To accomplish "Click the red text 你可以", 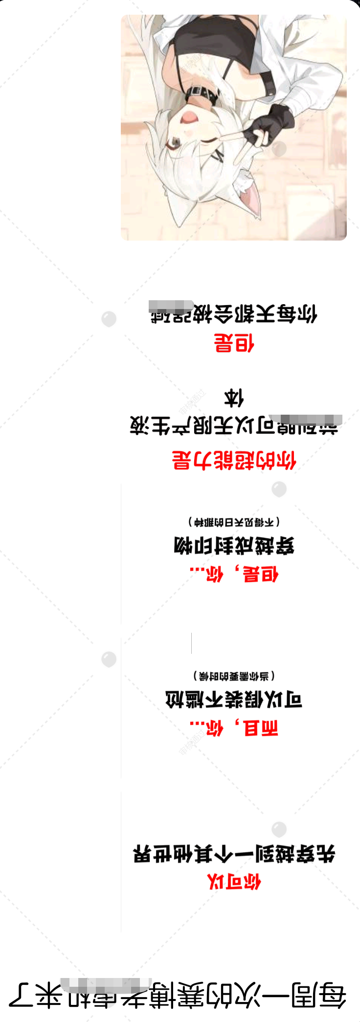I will [x=234, y=882].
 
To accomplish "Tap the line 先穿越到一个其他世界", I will [x=234, y=854].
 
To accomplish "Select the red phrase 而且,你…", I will [x=234, y=728].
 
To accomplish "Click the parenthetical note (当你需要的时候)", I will [x=234, y=676].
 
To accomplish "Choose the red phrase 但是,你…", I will [x=234, y=574].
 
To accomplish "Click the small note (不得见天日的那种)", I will [x=234, y=522].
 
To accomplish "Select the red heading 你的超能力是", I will [x=234, y=460].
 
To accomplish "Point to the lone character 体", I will [x=234, y=398].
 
